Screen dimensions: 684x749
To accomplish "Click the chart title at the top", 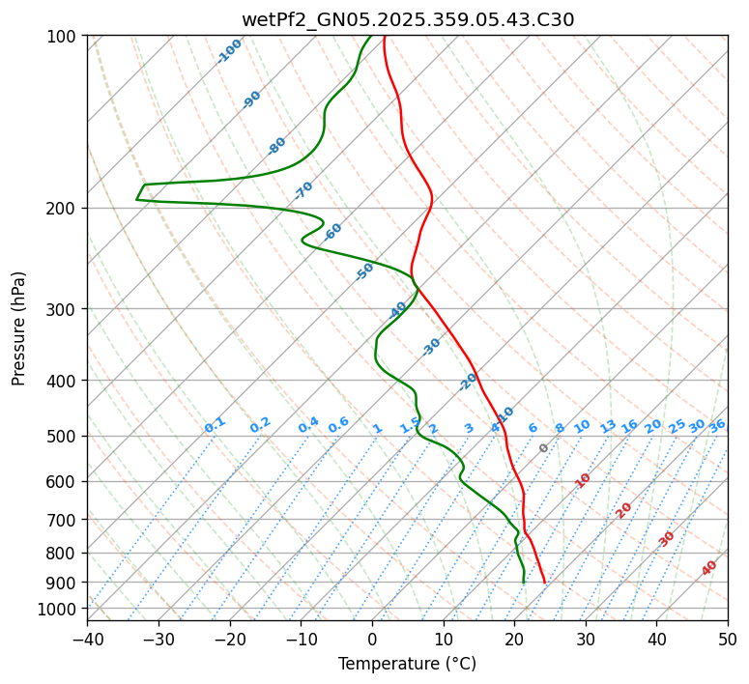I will (407, 19).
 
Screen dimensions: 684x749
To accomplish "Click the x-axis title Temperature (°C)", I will (407, 664).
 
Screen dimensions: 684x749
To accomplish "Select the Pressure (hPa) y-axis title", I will (19, 328).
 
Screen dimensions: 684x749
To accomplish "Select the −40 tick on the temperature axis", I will (87, 639).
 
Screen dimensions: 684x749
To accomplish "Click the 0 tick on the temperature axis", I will (372, 639).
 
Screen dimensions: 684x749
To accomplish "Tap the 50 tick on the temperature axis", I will (728, 639).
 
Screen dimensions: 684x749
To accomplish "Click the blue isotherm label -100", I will (230, 51).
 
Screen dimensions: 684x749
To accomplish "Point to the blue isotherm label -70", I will (304, 189).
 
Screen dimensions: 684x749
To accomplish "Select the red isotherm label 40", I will (709, 568).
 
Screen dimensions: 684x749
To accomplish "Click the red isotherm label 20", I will (624, 509).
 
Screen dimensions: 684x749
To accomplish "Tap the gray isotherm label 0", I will (544, 448).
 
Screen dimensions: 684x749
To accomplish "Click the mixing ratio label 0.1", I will (215, 425).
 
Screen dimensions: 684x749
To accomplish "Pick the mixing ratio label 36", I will (717, 425).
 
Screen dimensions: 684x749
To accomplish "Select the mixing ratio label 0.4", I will (308, 425).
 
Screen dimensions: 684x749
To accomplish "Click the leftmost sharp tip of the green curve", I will (136, 199).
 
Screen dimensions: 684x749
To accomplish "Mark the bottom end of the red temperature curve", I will (545, 583).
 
